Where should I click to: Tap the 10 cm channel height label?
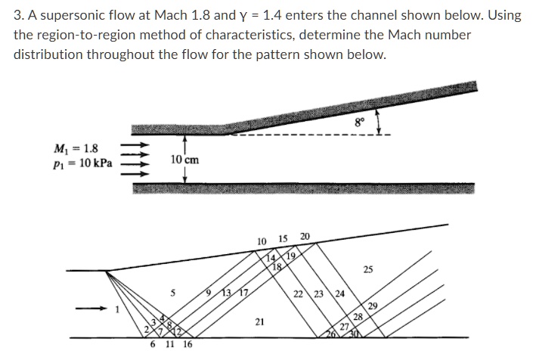click(184, 160)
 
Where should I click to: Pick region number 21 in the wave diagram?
click(260, 322)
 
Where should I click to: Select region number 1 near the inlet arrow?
click(117, 310)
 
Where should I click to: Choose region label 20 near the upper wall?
click(305, 237)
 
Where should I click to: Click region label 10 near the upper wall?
click(262, 242)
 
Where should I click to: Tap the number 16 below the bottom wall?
click(187, 344)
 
